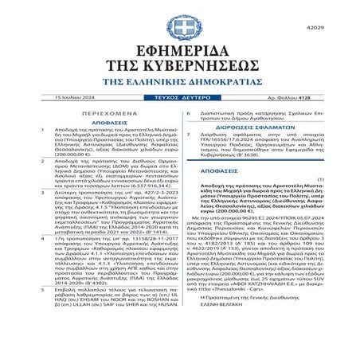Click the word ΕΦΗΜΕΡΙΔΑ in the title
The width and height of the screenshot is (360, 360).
click(180, 50)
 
